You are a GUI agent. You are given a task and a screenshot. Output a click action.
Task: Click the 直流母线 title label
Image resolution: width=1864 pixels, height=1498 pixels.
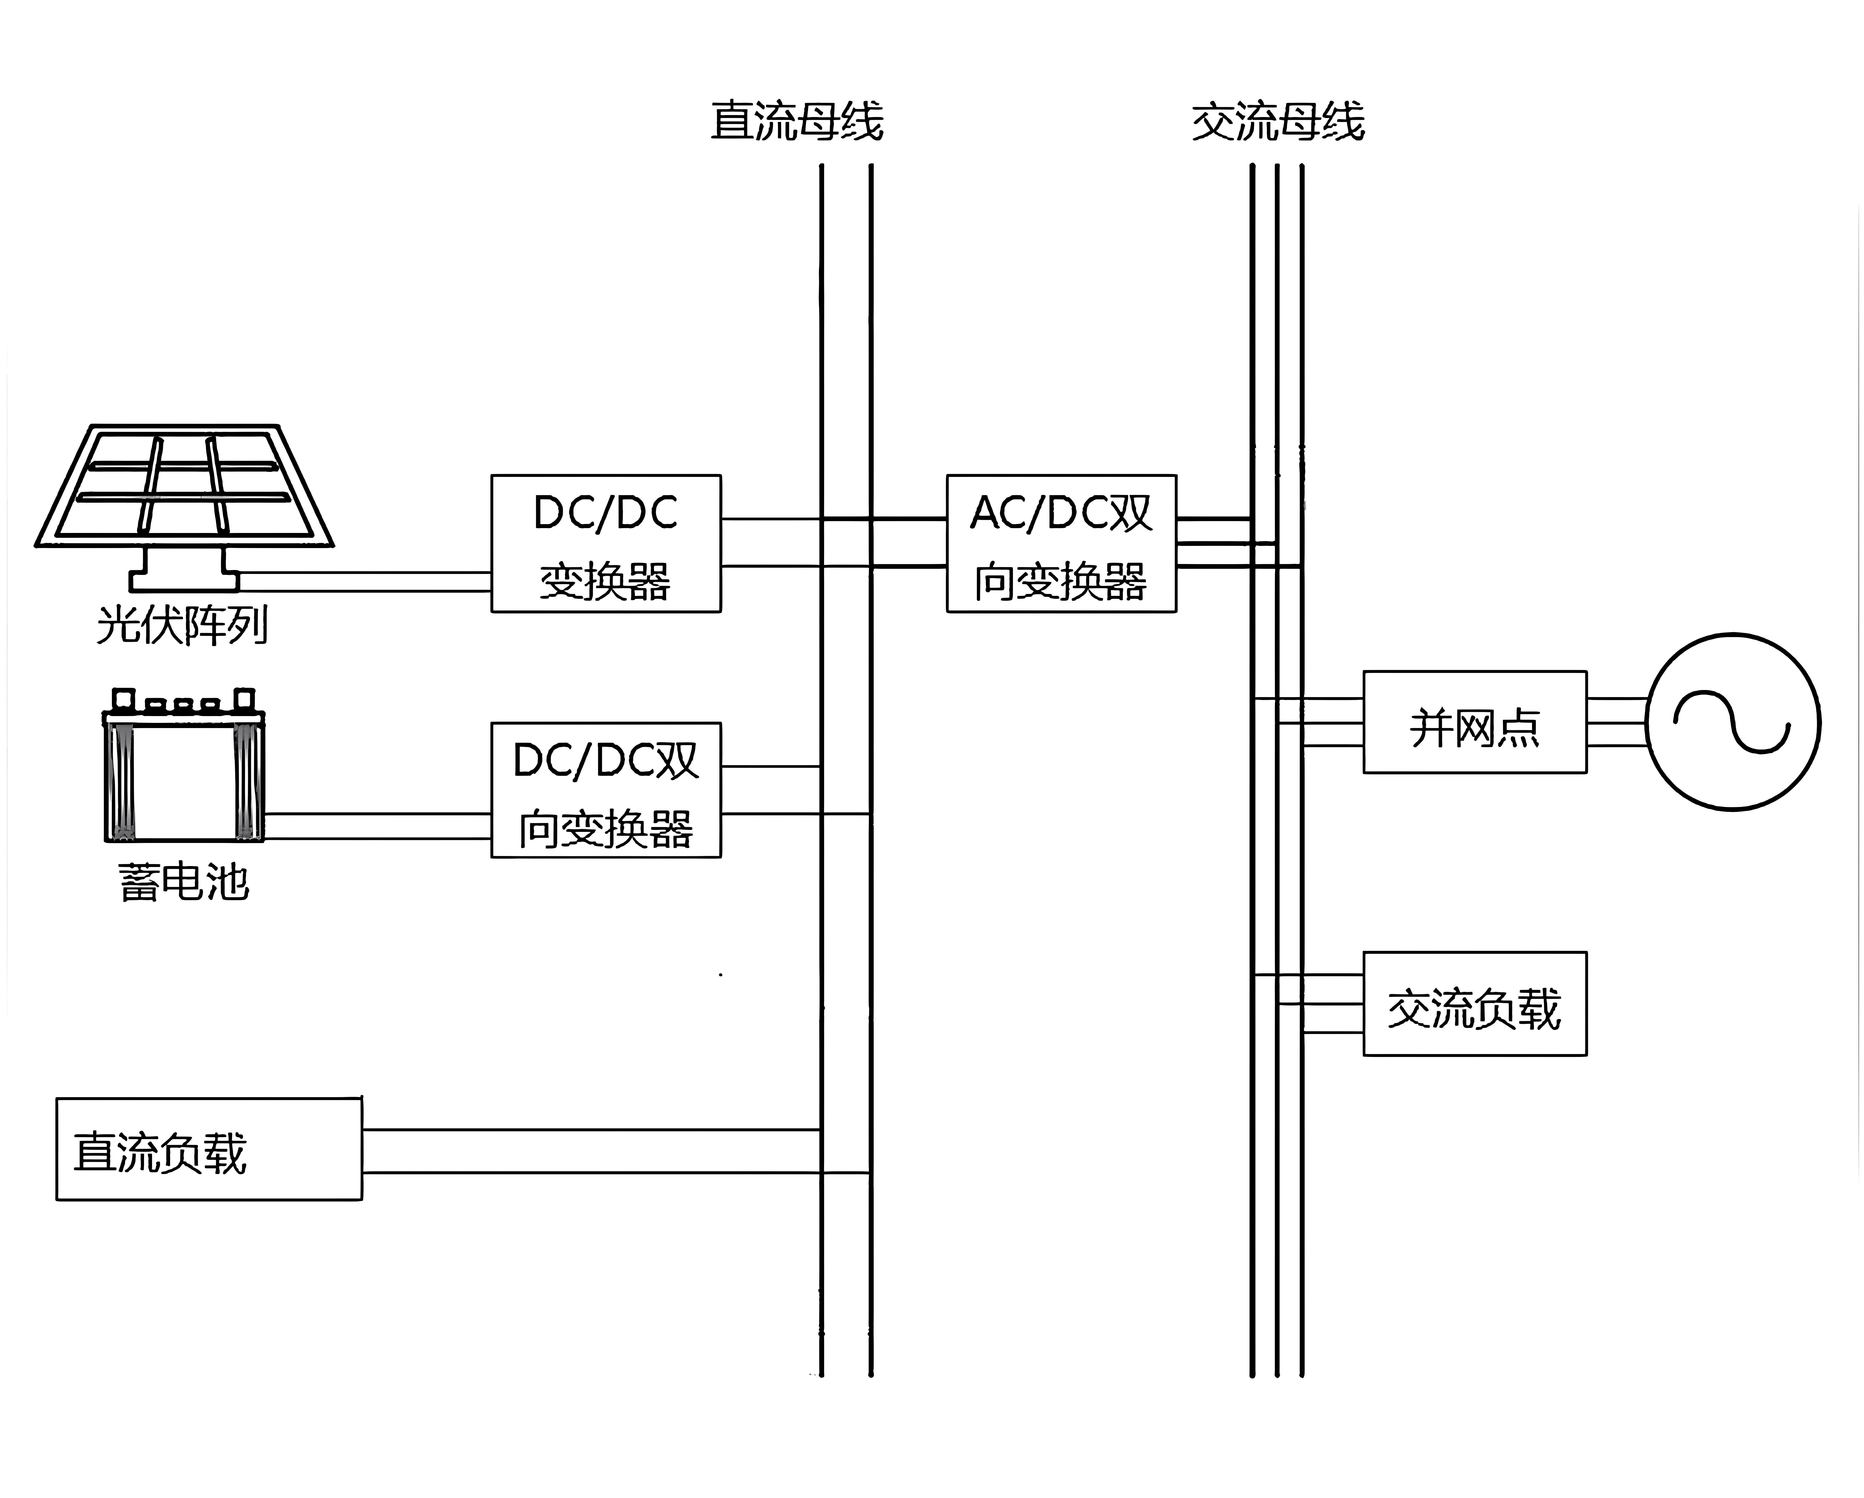tap(796, 121)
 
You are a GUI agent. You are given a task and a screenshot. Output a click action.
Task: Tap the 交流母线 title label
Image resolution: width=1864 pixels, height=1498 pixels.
tap(1278, 121)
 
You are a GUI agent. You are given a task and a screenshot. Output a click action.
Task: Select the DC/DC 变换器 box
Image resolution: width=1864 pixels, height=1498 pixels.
tap(605, 543)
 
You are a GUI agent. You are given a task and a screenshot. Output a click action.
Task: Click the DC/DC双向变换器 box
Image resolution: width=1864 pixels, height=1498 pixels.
tap(605, 790)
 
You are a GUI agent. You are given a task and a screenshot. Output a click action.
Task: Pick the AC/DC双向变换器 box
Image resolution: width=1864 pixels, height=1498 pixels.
tap(1061, 543)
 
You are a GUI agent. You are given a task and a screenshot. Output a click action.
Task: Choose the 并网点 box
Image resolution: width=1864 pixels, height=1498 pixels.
tap(1474, 722)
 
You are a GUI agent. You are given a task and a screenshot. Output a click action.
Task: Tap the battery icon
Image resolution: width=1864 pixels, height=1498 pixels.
tap(183, 770)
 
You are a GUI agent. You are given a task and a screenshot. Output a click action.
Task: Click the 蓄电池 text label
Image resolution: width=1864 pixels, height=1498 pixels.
tap(183, 882)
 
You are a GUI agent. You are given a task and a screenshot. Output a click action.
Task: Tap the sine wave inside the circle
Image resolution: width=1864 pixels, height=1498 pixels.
tap(1732, 722)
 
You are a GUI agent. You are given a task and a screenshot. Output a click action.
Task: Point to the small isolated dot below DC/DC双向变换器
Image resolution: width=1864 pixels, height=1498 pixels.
tap(721, 975)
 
